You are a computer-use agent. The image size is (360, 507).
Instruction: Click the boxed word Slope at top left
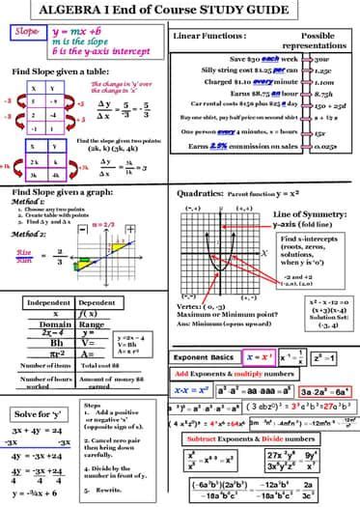(27, 32)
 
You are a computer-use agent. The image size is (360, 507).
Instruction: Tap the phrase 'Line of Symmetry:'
(304, 213)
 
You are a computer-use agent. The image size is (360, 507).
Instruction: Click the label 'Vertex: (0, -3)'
(213, 306)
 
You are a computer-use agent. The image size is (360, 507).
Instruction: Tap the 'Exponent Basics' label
(207, 356)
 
